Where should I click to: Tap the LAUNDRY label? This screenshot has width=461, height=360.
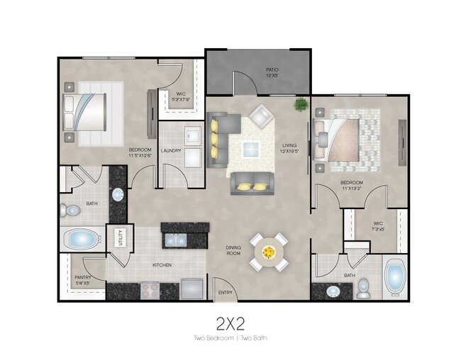click(x=171, y=150)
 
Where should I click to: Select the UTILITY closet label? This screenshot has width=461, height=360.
click(x=120, y=236)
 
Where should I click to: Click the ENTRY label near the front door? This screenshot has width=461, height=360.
click(x=225, y=293)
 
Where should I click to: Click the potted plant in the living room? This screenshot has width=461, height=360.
click(x=301, y=105)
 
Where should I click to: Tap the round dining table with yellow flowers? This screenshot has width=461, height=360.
click(x=269, y=252)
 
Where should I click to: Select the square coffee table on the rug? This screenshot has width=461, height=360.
click(x=250, y=148)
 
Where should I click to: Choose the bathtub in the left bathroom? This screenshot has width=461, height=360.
click(x=82, y=239)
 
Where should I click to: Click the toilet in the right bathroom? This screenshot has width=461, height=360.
click(x=364, y=286)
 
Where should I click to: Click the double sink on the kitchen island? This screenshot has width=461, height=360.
click(x=175, y=240)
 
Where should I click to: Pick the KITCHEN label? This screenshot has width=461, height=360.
click(x=162, y=265)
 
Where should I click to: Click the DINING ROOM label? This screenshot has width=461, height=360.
click(x=233, y=251)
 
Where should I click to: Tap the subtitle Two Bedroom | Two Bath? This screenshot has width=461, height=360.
click(x=230, y=339)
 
